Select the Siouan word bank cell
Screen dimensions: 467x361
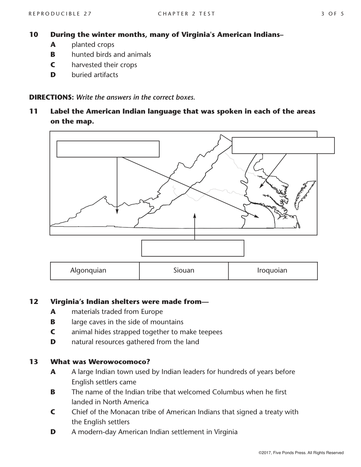click(x=184, y=271)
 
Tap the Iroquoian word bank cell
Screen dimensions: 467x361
click(x=273, y=271)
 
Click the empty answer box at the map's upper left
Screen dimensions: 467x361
click(x=108, y=149)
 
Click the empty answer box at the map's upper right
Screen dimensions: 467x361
click(x=283, y=145)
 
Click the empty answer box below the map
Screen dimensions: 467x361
click(x=192, y=248)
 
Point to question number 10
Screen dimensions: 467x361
click(x=34, y=35)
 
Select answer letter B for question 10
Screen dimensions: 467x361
click(x=53, y=55)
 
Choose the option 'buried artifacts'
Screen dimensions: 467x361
click(x=95, y=75)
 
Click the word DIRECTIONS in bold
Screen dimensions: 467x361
click(x=51, y=97)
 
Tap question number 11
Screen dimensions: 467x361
click(x=34, y=111)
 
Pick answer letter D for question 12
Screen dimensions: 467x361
click(x=53, y=342)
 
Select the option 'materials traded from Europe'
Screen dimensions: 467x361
click(x=117, y=312)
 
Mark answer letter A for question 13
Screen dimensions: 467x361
click(x=53, y=372)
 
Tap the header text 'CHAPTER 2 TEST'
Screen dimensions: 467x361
click(x=186, y=14)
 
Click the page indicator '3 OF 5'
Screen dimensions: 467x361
click(x=333, y=14)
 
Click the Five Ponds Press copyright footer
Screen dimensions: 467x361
click(x=301, y=453)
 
